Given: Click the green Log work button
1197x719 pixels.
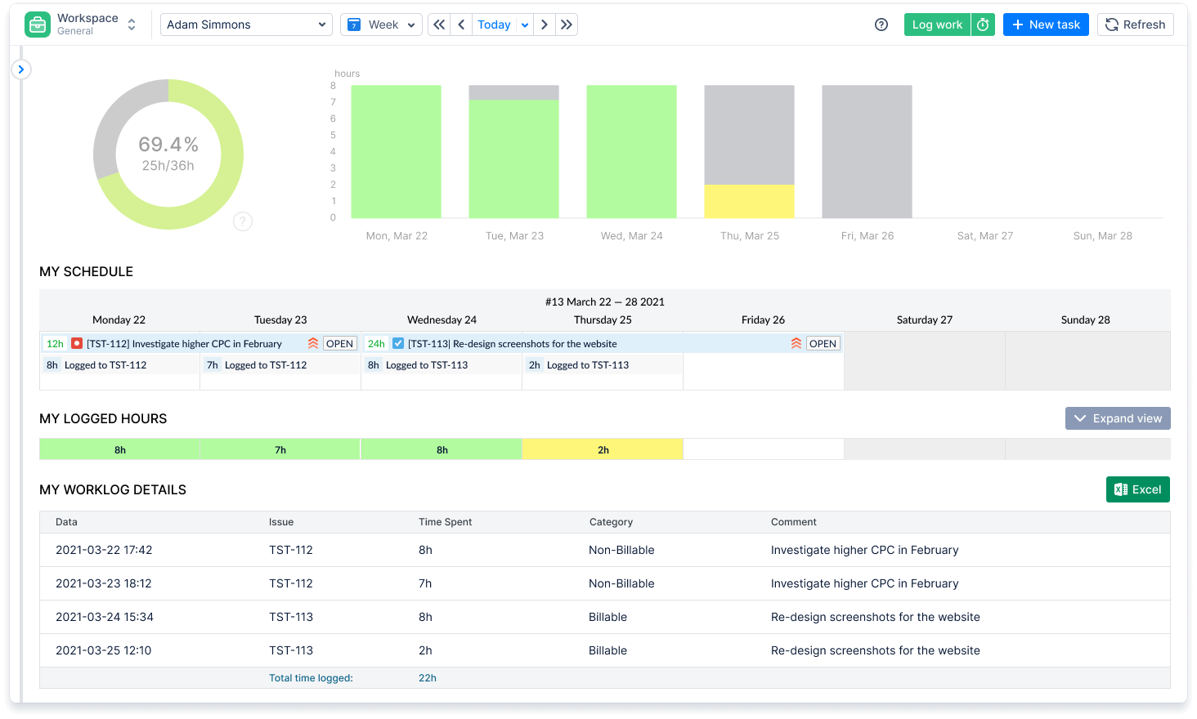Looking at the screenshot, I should pyautogui.click(x=937, y=25).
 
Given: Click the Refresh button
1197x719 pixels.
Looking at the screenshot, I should pyautogui.click(x=1135, y=25).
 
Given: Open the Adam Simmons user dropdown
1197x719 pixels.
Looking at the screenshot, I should pyautogui.click(x=246, y=25).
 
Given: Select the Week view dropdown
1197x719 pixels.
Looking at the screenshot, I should pyautogui.click(x=381, y=25).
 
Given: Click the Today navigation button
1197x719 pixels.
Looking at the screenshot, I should pyautogui.click(x=494, y=25).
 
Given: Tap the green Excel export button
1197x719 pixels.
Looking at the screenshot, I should pyautogui.click(x=1137, y=489).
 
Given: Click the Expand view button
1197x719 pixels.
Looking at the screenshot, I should pyautogui.click(x=1118, y=418).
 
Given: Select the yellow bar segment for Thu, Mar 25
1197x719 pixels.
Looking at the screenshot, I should pyautogui.click(x=749, y=201).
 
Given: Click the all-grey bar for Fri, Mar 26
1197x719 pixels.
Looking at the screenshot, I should pyautogui.click(x=867, y=151).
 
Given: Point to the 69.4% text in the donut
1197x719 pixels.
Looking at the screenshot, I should pyautogui.click(x=168, y=145).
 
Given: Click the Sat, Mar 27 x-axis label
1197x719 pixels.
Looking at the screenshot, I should pyautogui.click(x=984, y=236).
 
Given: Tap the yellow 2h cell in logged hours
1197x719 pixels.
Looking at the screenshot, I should pyautogui.click(x=603, y=450).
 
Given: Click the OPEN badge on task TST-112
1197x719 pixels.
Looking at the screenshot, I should pyautogui.click(x=339, y=344).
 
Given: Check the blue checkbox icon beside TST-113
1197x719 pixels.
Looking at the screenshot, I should pyautogui.click(x=398, y=344).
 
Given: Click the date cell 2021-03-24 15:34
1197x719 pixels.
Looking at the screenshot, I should pyautogui.click(x=105, y=617).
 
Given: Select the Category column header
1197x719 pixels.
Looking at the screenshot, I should pyautogui.click(x=611, y=522).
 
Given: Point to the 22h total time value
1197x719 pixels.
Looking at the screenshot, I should pyautogui.click(x=428, y=678).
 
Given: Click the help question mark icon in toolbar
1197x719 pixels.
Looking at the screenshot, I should pyautogui.click(x=881, y=25).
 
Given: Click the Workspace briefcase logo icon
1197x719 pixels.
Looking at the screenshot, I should pyautogui.click(x=38, y=25).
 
